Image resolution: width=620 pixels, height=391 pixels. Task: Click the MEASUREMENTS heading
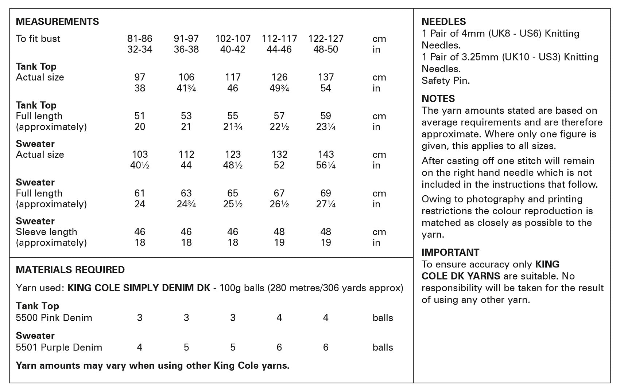[57, 21]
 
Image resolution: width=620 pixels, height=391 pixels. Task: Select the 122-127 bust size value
[326, 39]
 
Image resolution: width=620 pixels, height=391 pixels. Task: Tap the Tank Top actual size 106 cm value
[186, 77]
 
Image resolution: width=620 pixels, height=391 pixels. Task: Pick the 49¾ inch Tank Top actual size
[279, 88]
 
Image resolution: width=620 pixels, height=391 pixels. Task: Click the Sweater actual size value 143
[326, 155]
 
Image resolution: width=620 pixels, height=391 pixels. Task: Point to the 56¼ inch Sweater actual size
[326, 165]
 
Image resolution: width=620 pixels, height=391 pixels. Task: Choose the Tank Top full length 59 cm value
[326, 116]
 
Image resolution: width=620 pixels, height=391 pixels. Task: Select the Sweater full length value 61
[140, 193]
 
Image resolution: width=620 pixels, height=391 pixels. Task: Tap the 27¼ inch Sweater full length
[326, 204]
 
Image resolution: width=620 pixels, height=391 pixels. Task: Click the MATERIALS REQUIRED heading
[70, 270]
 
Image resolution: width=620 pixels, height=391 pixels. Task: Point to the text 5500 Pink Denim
[54, 318]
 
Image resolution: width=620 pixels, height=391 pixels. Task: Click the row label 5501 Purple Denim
[59, 347]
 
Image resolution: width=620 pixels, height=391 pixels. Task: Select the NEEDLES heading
[443, 21]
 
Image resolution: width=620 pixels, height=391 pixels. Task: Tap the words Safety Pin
[446, 81]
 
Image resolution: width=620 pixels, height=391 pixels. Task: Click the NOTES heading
[438, 99]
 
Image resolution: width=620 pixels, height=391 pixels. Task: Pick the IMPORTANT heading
[450, 253]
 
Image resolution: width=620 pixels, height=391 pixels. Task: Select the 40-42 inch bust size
[233, 50]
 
